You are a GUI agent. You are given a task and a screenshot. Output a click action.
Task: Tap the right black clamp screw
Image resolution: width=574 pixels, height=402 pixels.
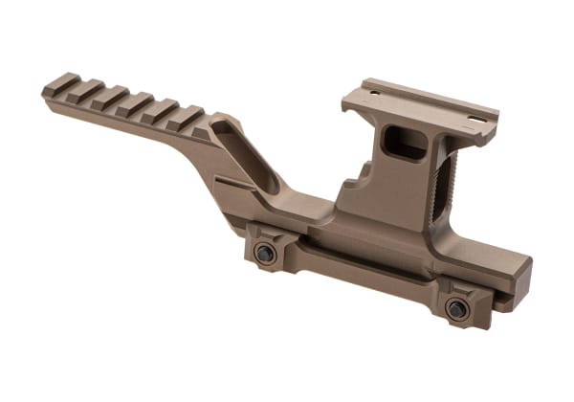coord(457,308)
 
